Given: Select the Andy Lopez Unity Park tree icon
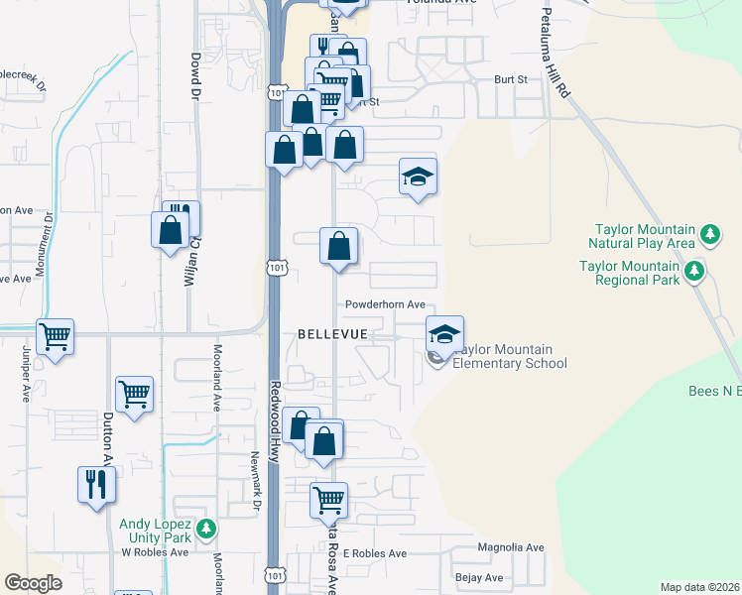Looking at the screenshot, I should [x=205, y=528].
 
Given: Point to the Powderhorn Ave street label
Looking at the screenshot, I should [x=385, y=304].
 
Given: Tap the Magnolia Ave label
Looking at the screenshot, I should [x=511, y=547].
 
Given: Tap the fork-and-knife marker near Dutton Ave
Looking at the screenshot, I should [x=96, y=484].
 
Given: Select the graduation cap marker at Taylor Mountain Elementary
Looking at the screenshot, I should [x=444, y=333].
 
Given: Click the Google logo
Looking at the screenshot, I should [x=33, y=583].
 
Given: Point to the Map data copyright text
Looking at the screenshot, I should [x=699, y=587].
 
